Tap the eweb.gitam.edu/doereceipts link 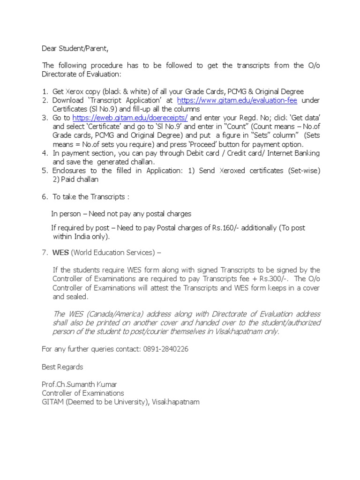[x=127, y=118]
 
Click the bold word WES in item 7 [x=60, y=253]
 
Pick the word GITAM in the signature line [x=53, y=402]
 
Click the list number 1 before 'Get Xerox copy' [x=44, y=92]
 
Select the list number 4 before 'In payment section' [x=44, y=153]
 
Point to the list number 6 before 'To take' [x=44, y=197]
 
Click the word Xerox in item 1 [x=76, y=92]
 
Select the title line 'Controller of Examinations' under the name [x=83, y=393]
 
